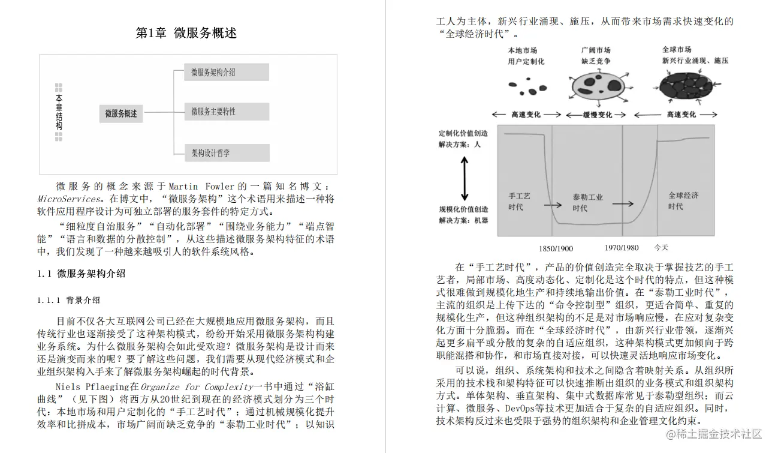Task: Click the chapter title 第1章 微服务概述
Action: pyautogui.click(x=186, y=33)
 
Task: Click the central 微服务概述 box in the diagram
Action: pyautogui.click(x=121, y=113)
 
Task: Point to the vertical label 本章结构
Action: pyautogui.click(x=59, y=112)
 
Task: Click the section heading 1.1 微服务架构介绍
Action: pyautogui.click(x=82, y=274)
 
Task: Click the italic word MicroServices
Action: pyautogui.click(x=68, y=199)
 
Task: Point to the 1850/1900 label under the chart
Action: pyautogui.click(x=556, y=248)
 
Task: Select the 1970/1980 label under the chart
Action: pyautogui.click(x=622, y=248)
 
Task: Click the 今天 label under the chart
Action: pyautogui.click(x=661, y=248)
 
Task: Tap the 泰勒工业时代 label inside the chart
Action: pyautogui.click(x=587, y=203)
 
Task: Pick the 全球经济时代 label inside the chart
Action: pyautogui.click(x=683, y=201)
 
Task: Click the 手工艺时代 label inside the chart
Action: pyautogui.click(x=519, y=202)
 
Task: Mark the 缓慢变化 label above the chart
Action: pyautogui.click(x=598, y=115)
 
